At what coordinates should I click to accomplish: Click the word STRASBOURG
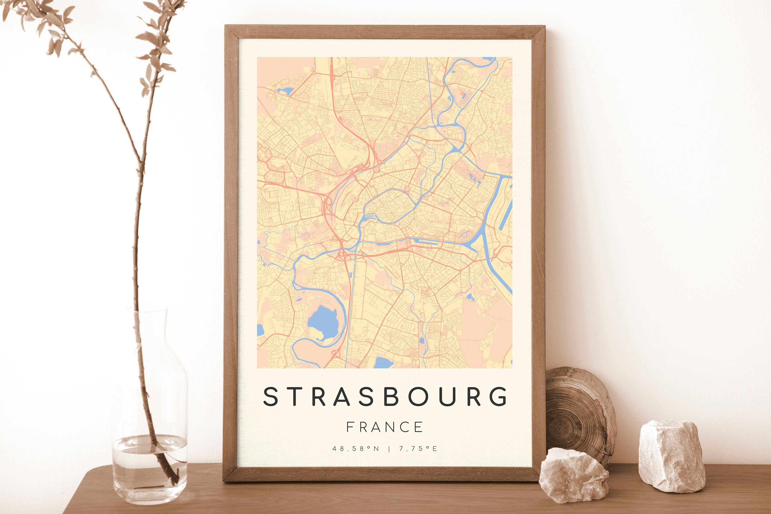[x=385, y=397]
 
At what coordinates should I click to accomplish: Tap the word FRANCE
[x=384, y=427]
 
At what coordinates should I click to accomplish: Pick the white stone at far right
[x=671, y=456]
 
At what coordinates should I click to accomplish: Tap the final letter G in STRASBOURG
[x=498, y=397]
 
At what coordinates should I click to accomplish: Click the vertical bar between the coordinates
[x=389, y=449]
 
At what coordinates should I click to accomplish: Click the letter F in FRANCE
[x=350, y=427]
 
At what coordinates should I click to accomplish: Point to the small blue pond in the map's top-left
[x=284, y=90]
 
